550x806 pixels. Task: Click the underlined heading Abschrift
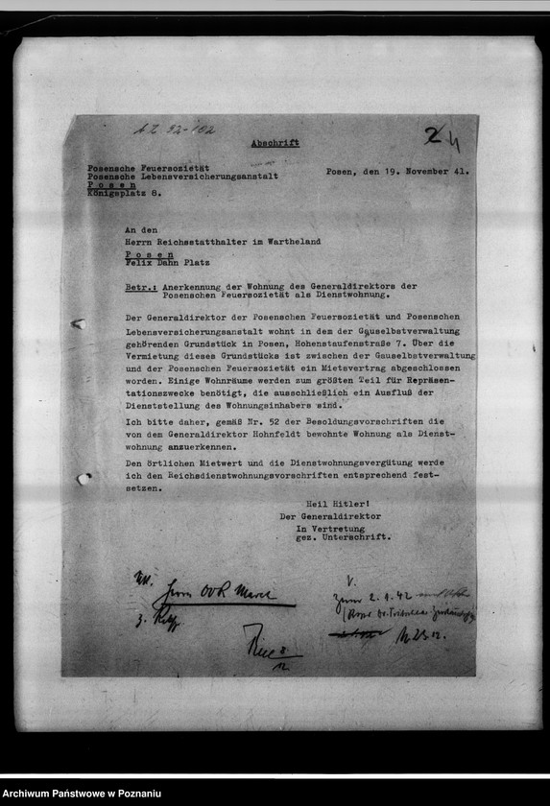[x=275, y=143]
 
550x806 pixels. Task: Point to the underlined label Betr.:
[x=140, y=287]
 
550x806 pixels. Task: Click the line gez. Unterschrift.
[x=344, y=537]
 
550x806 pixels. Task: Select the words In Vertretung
[x=328, y=528]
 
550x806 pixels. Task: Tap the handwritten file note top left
[x=174, y=129]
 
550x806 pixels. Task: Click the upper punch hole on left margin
[x=78, y=323]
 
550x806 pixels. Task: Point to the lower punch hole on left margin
[x=83, y=478]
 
